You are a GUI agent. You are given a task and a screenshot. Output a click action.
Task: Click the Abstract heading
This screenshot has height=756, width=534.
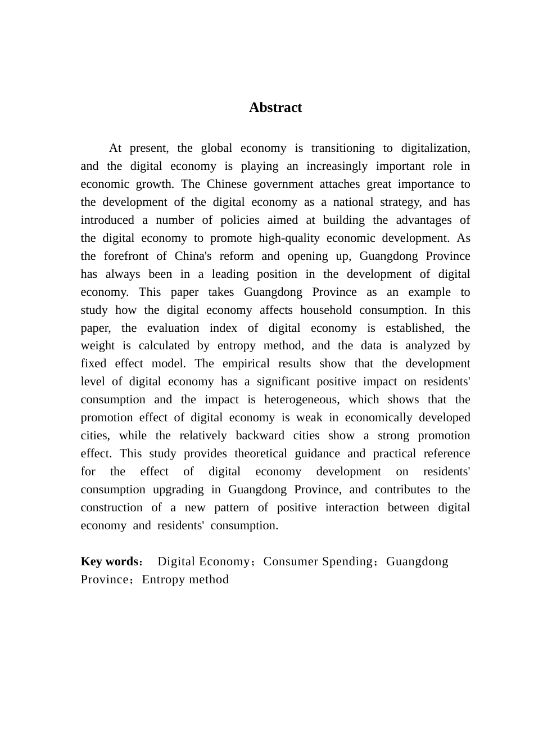[275, 107]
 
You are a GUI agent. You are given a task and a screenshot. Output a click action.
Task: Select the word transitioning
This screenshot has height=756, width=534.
[343, 148]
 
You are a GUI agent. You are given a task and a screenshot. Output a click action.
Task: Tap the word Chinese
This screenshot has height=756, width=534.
[227, 184]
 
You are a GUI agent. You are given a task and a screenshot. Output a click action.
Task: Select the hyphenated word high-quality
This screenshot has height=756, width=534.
[289, 238]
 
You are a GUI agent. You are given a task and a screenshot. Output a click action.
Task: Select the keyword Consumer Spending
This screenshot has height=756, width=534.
[318, 562]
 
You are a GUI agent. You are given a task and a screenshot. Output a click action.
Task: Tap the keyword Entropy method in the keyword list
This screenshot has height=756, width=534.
[185, 580]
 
